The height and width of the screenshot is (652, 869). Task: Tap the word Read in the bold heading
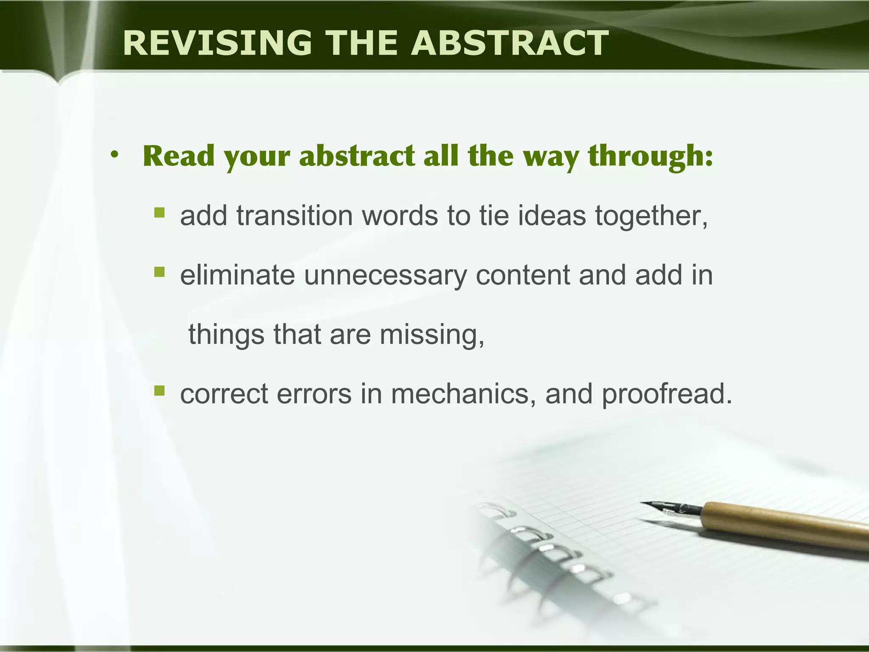[x=179, y=156]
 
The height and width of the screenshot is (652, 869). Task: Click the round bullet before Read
[x=114, y=156]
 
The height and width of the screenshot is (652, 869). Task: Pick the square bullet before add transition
[x=159, y=212]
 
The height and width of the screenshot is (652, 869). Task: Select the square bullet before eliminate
[x=159, y=271]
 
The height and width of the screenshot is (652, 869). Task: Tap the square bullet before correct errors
[x=159, y=390]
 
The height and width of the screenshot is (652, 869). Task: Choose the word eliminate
[x=237, y=275]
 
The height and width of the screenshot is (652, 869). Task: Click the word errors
[x=314, y=394]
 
